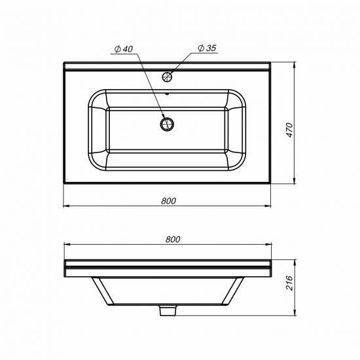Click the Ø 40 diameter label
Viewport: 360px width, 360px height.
(x=124, y=49)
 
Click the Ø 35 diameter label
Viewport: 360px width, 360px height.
(x=207, y=48)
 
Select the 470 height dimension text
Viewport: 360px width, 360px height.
(x=290, y=130)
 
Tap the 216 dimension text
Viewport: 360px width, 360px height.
(x=290, y=283)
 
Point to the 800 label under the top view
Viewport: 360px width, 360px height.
(x=168, y=201)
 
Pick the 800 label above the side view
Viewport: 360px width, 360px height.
(x=173, y=240)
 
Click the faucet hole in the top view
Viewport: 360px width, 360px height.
(x=167, y=77)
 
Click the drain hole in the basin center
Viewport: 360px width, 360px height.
(x=167, y=124)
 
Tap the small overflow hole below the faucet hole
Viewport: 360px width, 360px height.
(x=167, y=94)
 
